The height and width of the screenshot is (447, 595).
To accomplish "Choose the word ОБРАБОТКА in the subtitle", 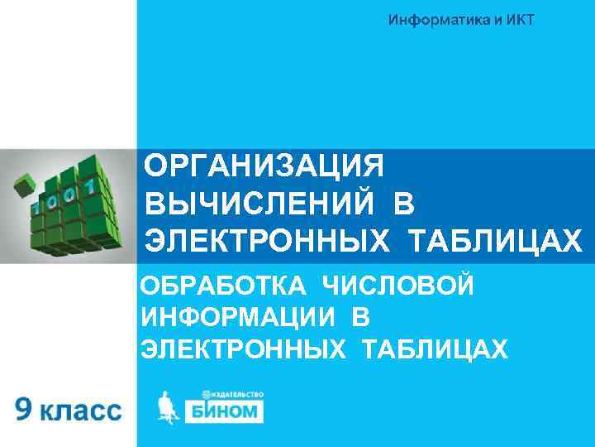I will point(223,286).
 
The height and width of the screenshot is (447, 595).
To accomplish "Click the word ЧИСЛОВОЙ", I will point(397,286).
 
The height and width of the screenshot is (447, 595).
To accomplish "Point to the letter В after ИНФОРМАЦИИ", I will point(359,318).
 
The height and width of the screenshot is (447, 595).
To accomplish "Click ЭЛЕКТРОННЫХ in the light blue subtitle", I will point(243,349).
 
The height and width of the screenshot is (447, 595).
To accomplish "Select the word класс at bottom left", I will point(80,411).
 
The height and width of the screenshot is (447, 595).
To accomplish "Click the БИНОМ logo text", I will point(222,411).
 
